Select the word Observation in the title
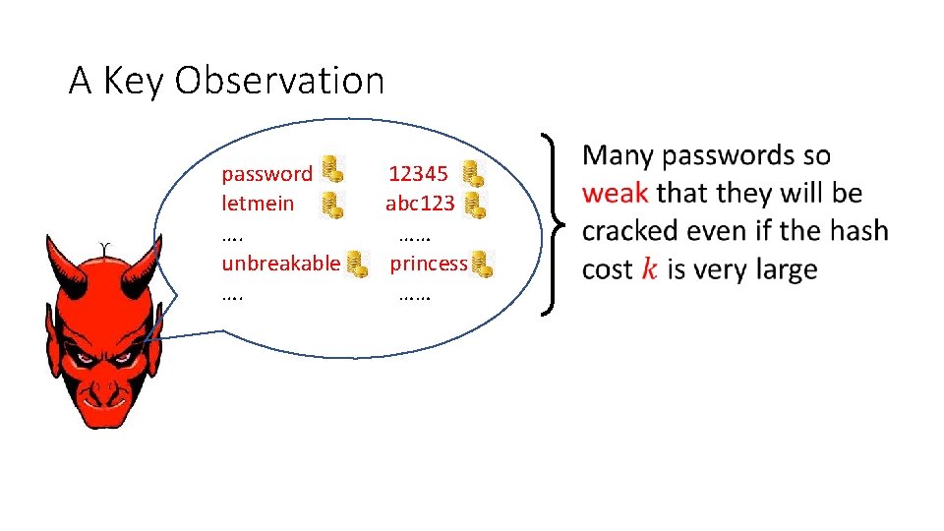pyautogui.click(x=279, y=81)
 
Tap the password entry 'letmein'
pyautogui.click(x=258, y=205)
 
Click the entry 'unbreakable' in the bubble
pyautogui.click(x=280, y=263)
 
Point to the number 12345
pyautogui.click(x=418, y=174)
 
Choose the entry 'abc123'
pyautogui.click(x=420, y=205)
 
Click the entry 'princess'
pyautogui.click(x=429, y=263)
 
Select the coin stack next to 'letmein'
pyautogui.click(x=333, y=205)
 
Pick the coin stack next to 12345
pyautogui.click(x=474, y=173)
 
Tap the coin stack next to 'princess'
pyautogui.click(x=481, y=264)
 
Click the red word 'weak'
pyautogui.click(x=614, y=193)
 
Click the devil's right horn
pyautogui.click(x=147, y=264)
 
